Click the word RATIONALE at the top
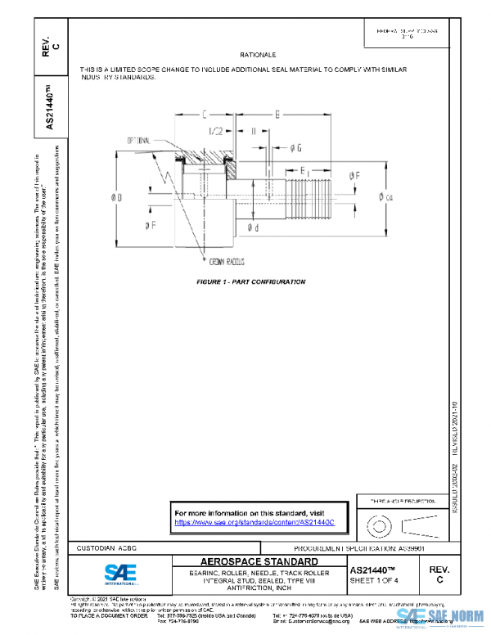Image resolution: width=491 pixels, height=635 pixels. coord(256,54)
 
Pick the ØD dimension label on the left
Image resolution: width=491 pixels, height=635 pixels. coord(118,197)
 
